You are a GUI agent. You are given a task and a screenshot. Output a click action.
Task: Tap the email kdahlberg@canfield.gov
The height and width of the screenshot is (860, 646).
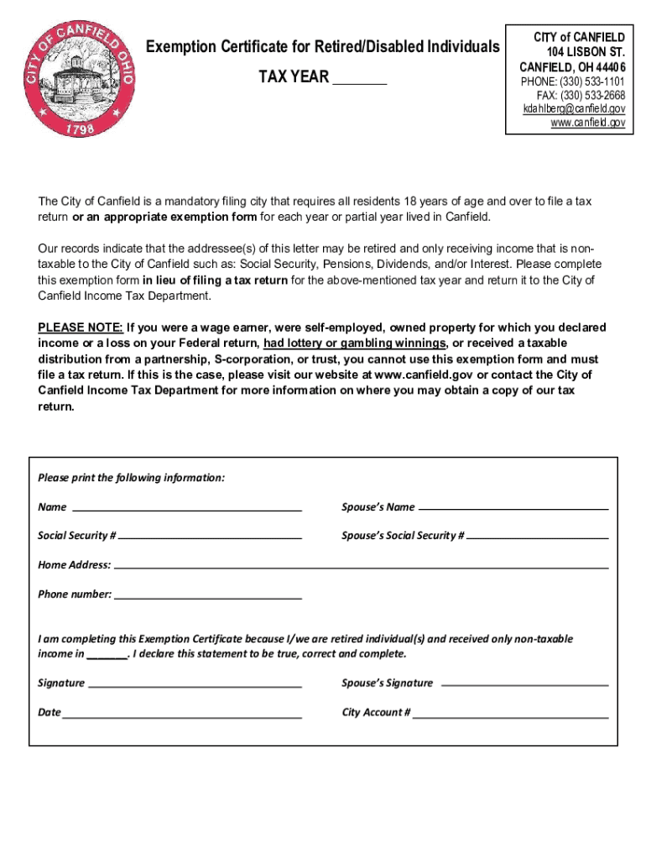574,109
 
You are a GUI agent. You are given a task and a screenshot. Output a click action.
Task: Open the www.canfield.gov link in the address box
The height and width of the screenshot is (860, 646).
587,123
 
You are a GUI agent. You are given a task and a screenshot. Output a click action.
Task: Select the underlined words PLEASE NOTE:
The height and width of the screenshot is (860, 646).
81,327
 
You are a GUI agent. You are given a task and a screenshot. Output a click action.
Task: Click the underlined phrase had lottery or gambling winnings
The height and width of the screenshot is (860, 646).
354,343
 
